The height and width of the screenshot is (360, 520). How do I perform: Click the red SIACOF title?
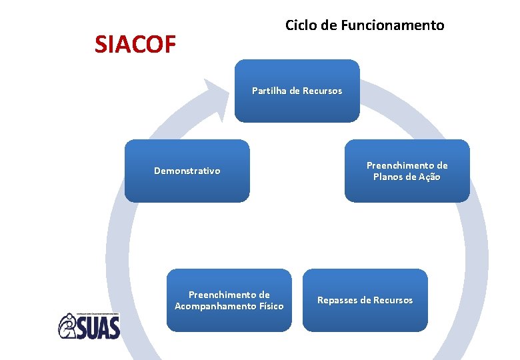(135, 45)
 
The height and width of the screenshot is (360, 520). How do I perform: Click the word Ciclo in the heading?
(300, 26)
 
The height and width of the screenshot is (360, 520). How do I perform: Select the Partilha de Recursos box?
(297, 91)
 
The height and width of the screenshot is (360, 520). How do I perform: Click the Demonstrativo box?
(187, 171)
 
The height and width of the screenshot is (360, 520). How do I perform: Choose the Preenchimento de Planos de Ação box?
(407, 171)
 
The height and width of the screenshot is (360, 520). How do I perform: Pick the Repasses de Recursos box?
(365, 300)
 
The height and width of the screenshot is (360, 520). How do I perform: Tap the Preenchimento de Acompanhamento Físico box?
(229, 300)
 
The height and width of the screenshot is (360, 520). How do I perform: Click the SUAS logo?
(89, 326)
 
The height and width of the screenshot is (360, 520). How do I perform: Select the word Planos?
(388, 177)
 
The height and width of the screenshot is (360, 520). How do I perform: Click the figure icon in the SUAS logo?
(69, 327)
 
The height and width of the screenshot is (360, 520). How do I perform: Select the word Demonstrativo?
(187, 171)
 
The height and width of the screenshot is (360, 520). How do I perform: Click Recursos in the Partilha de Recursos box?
(322, 91)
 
